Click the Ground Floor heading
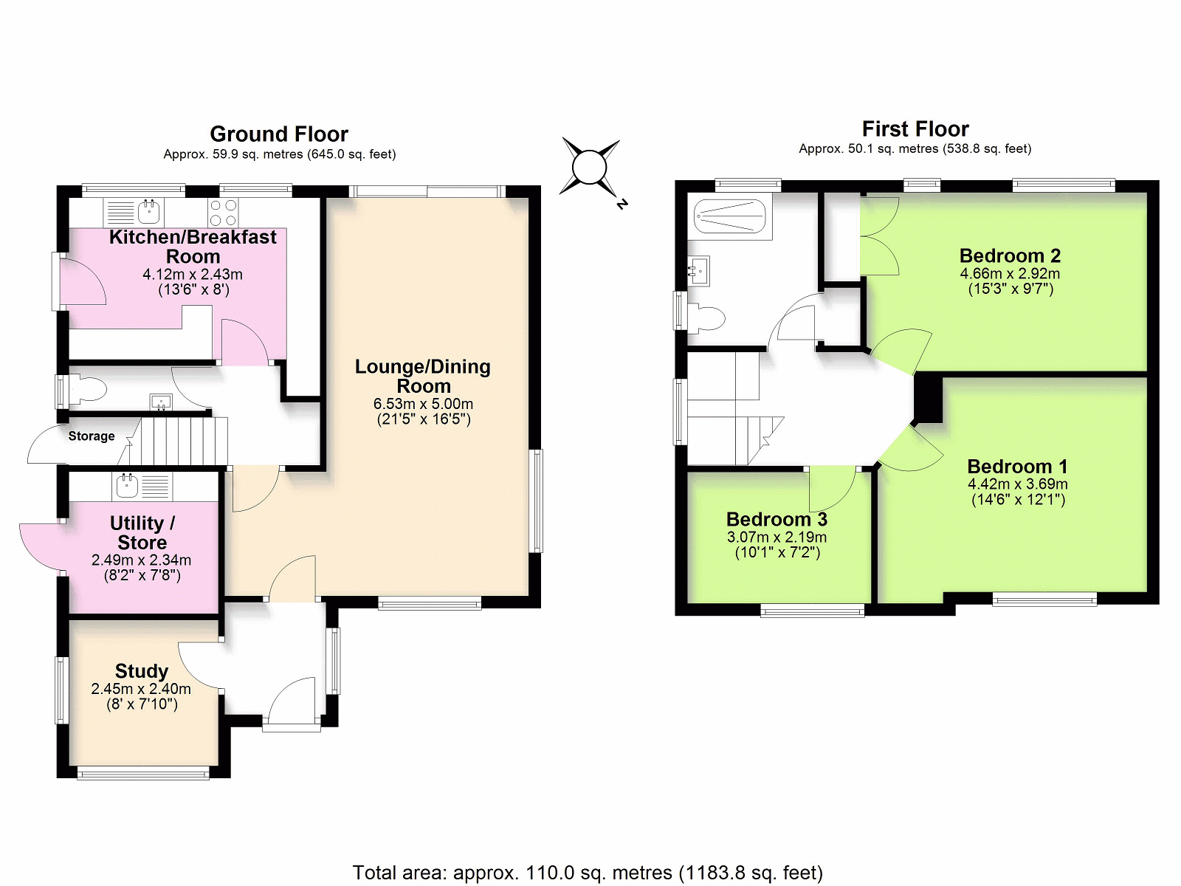pyautogui.click(x=279, y=134)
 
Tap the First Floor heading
pyautogui.click(x=915, y=128)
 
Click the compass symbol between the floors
pyautogui.click(x=590, y=168)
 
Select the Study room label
pyautogui.click(x=142, y=671)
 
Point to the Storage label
pyautogui.click(x=92, y=436)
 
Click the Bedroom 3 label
pyautogui.click(x=777, y=519)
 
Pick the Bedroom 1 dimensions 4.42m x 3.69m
pyautogui.click(x=1017, y=484)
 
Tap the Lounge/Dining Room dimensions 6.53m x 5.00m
pyautogui.click(x=424, y=403)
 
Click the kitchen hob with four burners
pyautogui.click(x=224, y=213)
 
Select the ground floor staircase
pyautogui.click(x=173, y=441)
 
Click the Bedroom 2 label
pyautogui.click(x=1010, y=255)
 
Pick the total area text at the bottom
pyautogui.click(x=588, y=872)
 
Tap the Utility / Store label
pyautogui.click(x=142, y=532)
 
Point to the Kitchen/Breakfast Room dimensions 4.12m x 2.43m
pyautogui.click(x=193, y=275)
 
